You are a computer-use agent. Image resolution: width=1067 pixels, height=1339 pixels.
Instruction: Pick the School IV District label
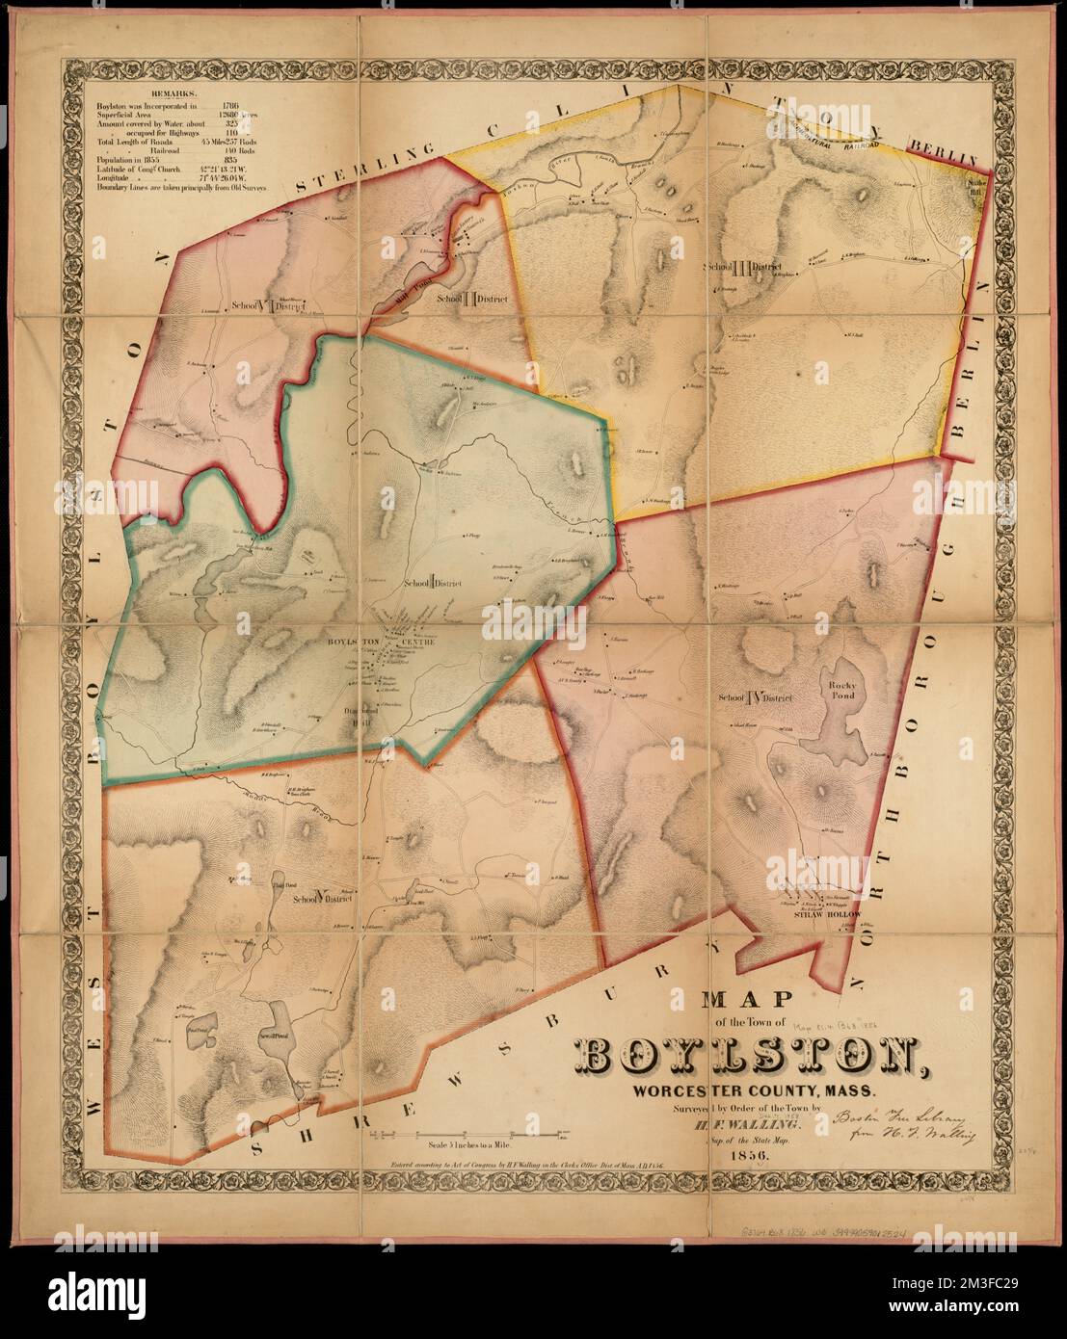click(754, 697)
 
